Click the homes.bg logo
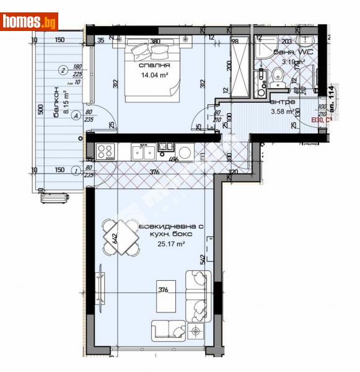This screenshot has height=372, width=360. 29,21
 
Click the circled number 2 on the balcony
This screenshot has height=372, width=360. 63,69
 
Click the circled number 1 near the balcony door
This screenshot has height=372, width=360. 74,170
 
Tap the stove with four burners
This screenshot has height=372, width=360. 104,149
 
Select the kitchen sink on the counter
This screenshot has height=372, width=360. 144,149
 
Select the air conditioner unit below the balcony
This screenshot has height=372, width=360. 54,198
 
